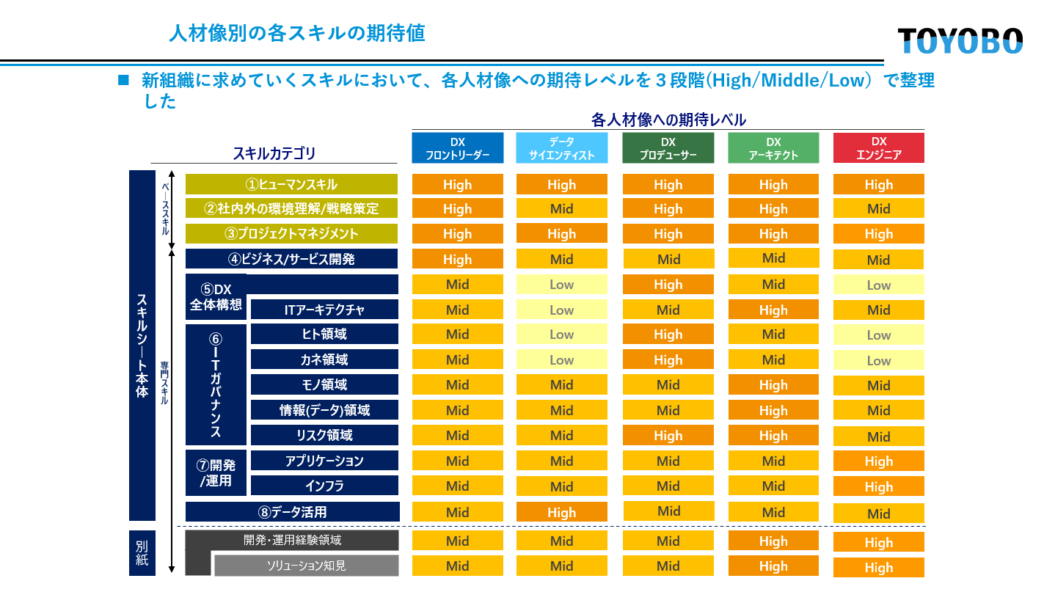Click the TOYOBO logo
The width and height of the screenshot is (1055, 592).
[x=960, y=41]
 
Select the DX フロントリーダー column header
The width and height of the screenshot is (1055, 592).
[x=458, y=148]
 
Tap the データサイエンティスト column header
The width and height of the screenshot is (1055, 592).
[x=562, y=148]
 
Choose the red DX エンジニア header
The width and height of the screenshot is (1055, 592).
[x=878, y=148]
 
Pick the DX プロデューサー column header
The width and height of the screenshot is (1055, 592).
[x=668, y=148]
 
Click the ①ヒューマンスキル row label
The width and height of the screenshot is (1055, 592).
[x=291, y=184]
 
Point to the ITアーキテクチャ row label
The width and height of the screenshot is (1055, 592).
[x=324, y=310]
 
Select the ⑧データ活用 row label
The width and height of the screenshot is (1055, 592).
[x=292, y=512]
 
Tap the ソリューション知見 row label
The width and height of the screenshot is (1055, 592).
[x=306, y=566]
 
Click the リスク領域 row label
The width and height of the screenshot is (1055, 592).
[x=324, y=435]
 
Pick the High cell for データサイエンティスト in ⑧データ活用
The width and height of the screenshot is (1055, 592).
[x=562, y=513]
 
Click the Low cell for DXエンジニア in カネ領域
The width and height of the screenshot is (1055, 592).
[x=878, y=360]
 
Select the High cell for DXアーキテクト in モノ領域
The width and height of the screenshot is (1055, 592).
[x=773, y=385]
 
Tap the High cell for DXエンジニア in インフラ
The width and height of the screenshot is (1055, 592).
[x=878, y=486]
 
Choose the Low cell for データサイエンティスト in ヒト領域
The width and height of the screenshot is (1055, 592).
[x=562, y=335]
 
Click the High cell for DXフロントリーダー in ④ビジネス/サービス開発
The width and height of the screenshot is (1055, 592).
[x=458, y=259]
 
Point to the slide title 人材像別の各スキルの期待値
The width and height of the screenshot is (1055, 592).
[x=296, y=34]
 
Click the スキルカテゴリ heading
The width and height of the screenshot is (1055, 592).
[x=274, y=153]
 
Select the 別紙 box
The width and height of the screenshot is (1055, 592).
[x=142, y=553]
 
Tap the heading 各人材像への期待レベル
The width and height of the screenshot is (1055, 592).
[x=668, y=120]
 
